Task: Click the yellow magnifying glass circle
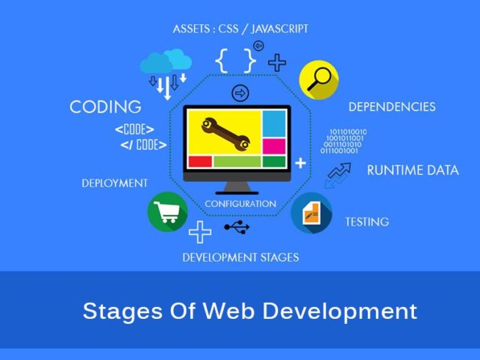tap(319, 79)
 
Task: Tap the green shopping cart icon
tap(168, 212)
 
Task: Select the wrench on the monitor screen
tap(225, 134)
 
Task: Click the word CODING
tap(106, 107)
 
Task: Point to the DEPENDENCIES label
tap(392, 107)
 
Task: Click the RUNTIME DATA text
tap(413, 170)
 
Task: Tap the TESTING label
tap(367, 222)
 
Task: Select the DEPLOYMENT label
tap(114, 183)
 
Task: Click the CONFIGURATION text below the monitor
tap(241, 204)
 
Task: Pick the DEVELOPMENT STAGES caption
tap(241, 257)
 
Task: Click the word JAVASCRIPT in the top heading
tap(280, 29)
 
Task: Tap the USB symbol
tap(237, 227)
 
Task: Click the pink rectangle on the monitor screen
tap(274, 146)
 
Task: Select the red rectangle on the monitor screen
tap(200, 162)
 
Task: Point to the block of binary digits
tap(343, 141)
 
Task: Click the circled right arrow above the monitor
tap(240, 93)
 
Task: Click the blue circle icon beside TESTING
tap(311, 212)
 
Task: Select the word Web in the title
tap(228, 311)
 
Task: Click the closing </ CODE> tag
tap(144, 145)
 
